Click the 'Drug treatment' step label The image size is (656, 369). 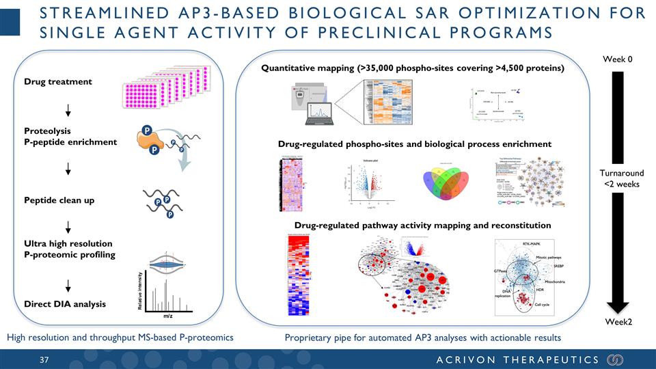(58, 81)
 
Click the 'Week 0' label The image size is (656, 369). (617, 59)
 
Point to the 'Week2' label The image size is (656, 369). (617, 323)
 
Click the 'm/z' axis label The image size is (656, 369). (167, 316)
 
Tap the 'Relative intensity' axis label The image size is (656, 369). (141, 287)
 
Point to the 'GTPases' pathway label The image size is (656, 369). (502, 271)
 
